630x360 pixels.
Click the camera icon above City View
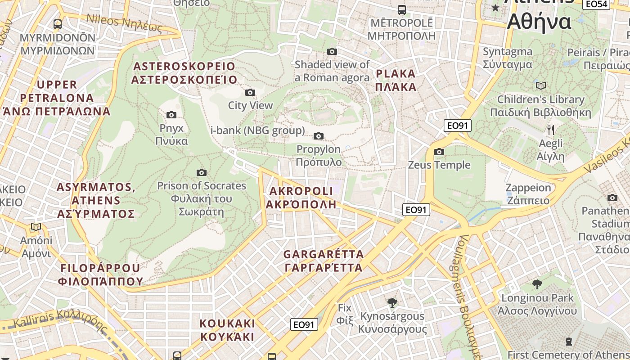point(250,93)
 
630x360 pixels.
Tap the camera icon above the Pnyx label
point(171,115)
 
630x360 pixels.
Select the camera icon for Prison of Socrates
point(202,172)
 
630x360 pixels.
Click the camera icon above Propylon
point(319,136)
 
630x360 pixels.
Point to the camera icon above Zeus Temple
point(439,152)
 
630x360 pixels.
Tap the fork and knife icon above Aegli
point(550,130)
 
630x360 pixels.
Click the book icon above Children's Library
point(540,85)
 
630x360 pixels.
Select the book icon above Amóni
point(36,227)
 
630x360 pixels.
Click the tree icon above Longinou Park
point(537,284)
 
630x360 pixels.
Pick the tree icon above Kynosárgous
point(392,302)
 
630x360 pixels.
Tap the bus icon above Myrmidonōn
point(57,24)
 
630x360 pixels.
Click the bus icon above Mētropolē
point(401,9)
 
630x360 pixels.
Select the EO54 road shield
point(597,4)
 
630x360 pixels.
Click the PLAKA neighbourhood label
point(396,80)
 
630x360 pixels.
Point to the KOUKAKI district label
point(227,330)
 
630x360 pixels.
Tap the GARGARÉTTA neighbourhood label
point(323,261)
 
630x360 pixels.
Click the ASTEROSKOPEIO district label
point(184,73)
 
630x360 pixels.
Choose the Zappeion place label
point(528,194)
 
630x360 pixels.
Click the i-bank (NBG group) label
point(257,131)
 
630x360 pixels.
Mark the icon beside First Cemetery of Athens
point(569,342)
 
